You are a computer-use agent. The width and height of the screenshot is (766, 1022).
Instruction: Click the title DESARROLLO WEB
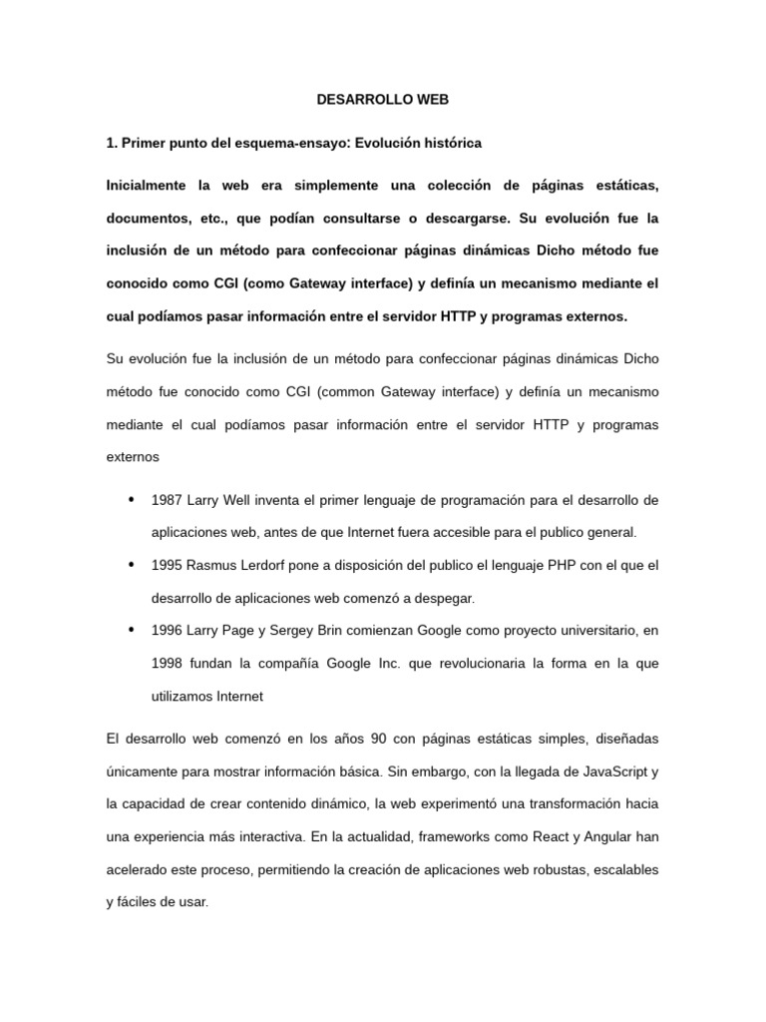tap(383, 100)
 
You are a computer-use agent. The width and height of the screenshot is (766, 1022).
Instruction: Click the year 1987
tap(167, 499)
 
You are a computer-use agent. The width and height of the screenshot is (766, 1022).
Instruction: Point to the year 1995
tap(167, 564)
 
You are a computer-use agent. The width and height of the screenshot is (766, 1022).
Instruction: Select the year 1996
tap(167, 630)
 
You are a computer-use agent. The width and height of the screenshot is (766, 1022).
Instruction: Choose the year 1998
tap(168, 663)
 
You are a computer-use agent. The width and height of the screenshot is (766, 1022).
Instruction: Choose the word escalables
tap(625, 870)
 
